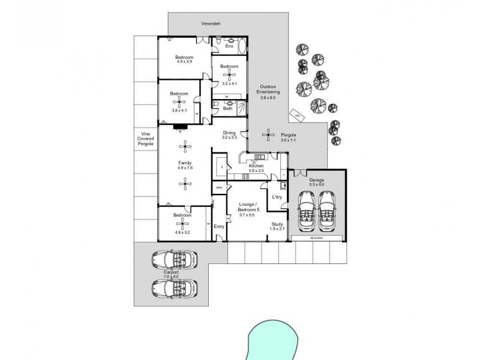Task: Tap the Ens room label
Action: (x=229, y=46)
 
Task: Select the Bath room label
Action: (x=228, y=109)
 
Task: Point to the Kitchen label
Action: (x=257, y=166)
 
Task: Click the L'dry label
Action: (x=277, y=197)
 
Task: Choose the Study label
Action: (x=277, y=224)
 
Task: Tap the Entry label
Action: (x=219, y=226)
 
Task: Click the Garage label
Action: (x=316, y=179)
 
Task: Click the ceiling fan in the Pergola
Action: (x=266, y=136)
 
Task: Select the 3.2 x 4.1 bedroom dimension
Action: (x=229, y=76)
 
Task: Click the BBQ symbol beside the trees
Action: (x=295, y=114)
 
